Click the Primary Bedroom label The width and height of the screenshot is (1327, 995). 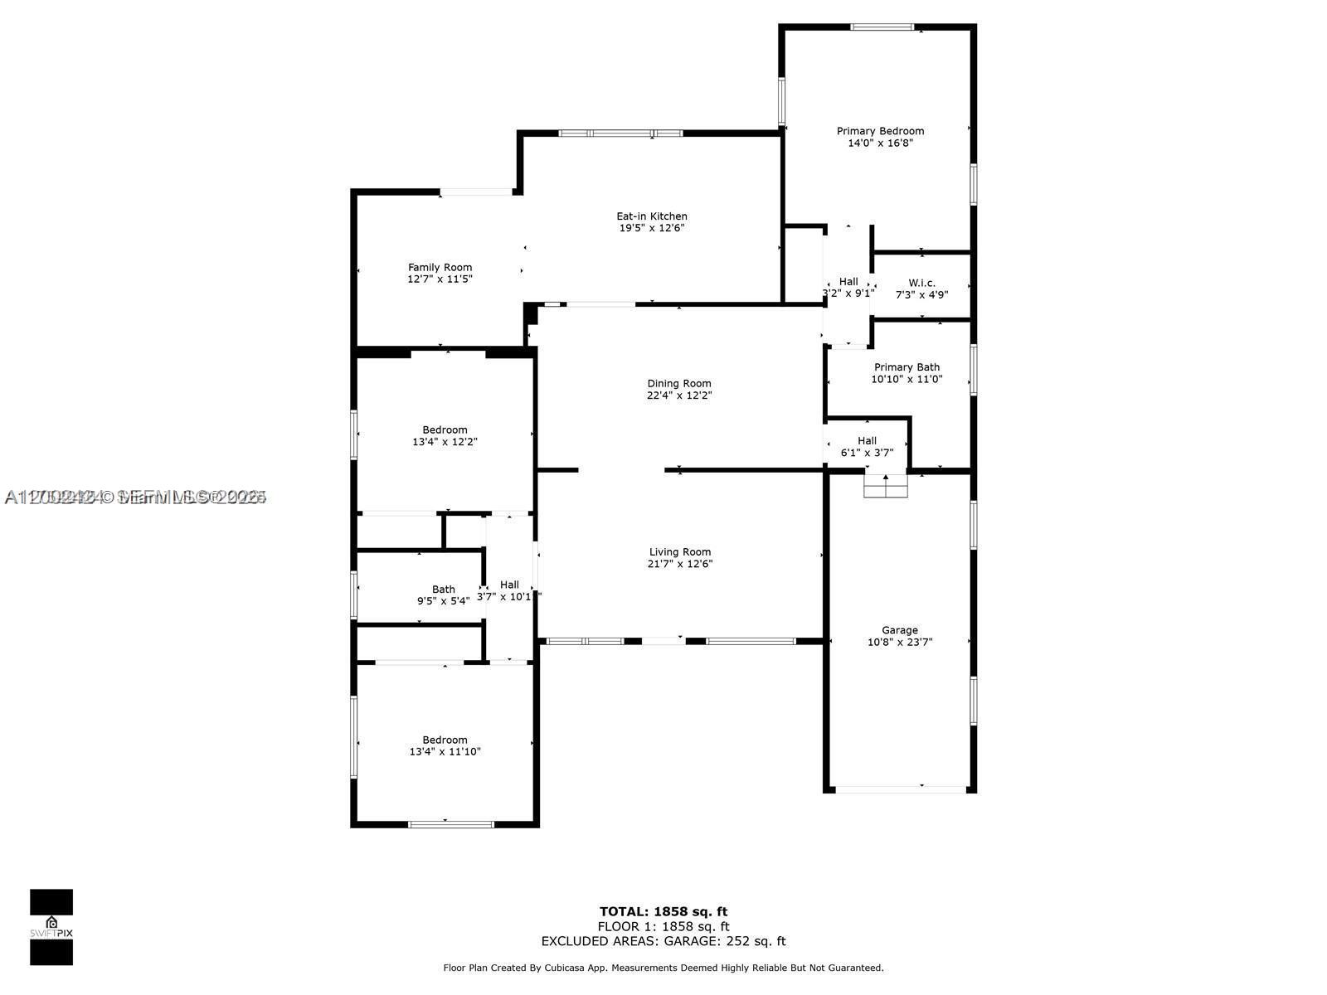[880, 131]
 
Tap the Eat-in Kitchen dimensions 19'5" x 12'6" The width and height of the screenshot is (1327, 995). [652, 228]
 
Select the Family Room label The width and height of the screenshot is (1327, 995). [440, 267]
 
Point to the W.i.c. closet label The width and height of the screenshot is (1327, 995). [921, 283]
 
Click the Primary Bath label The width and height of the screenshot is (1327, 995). [907, 367]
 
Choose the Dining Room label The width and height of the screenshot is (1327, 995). [679, 383]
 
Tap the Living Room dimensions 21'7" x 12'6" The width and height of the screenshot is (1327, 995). [680, 564]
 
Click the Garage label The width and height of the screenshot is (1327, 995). [900, 630]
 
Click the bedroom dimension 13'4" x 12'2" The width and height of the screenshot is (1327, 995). [445, 442]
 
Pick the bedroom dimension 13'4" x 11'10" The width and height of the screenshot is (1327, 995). [445, 752]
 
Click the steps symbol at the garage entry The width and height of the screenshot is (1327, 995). [886, 487]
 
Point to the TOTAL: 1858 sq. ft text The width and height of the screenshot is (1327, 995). [663, 912]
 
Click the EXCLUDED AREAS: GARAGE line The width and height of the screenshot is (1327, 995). [663, 941]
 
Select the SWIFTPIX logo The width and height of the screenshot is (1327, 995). [51, 927]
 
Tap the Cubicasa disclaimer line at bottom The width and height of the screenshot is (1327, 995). [663, 968]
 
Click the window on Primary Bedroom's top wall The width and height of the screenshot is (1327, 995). [882, 27]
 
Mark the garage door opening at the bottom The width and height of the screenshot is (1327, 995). [900, 789]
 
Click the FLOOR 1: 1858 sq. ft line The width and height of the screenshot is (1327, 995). [663, 927]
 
